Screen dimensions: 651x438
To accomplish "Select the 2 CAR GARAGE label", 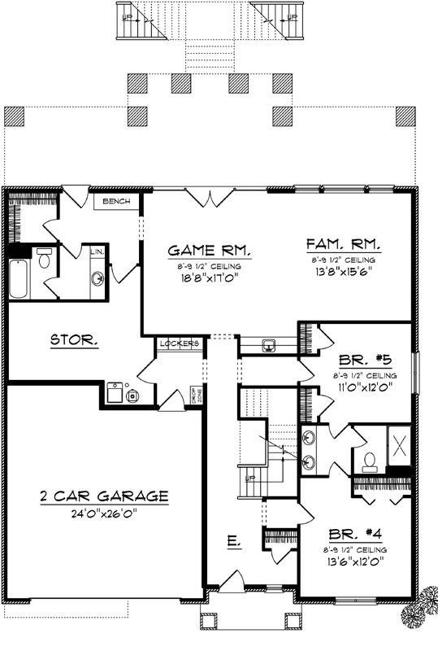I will pos(104,496).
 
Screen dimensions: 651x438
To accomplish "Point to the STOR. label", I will pos(75,341).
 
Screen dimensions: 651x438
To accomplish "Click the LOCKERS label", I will pos(178,343).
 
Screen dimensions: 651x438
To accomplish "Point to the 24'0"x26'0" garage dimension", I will pos(104,513).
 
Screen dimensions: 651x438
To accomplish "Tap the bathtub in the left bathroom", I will pos(18,279).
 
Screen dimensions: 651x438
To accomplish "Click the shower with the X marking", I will pos(399,443).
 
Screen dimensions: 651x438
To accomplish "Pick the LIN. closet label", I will pos(95,252).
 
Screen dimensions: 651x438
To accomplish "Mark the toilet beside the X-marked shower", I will pos(370,462).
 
